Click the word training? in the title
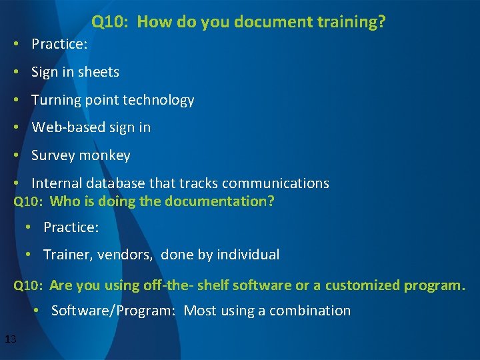pyautogui.click(x=353, y=22)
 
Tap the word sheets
pyautogui.click(x=99, y=72)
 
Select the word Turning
pyautogui.click(x=56, y=100)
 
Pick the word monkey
pyautogui.click(x=105, y=155)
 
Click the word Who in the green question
pyautogui.click(x=64, y=201)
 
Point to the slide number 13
pyautogui.click(x=10, y=340)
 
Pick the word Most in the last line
pyautogui.click(x=199, y=311)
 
